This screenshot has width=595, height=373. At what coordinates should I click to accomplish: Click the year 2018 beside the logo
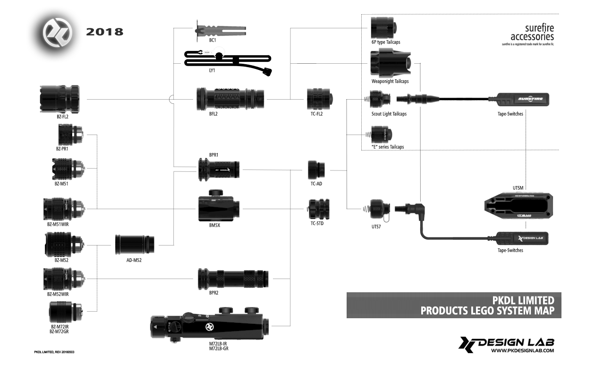105,32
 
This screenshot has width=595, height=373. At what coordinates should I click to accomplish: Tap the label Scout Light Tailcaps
389,114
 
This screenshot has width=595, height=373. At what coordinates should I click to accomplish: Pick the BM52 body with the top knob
219,208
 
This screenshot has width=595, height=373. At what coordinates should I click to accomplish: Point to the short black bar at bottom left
54,352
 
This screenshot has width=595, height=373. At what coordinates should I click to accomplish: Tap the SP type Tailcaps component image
383,28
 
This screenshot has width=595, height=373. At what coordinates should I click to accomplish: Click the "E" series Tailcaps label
388,147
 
